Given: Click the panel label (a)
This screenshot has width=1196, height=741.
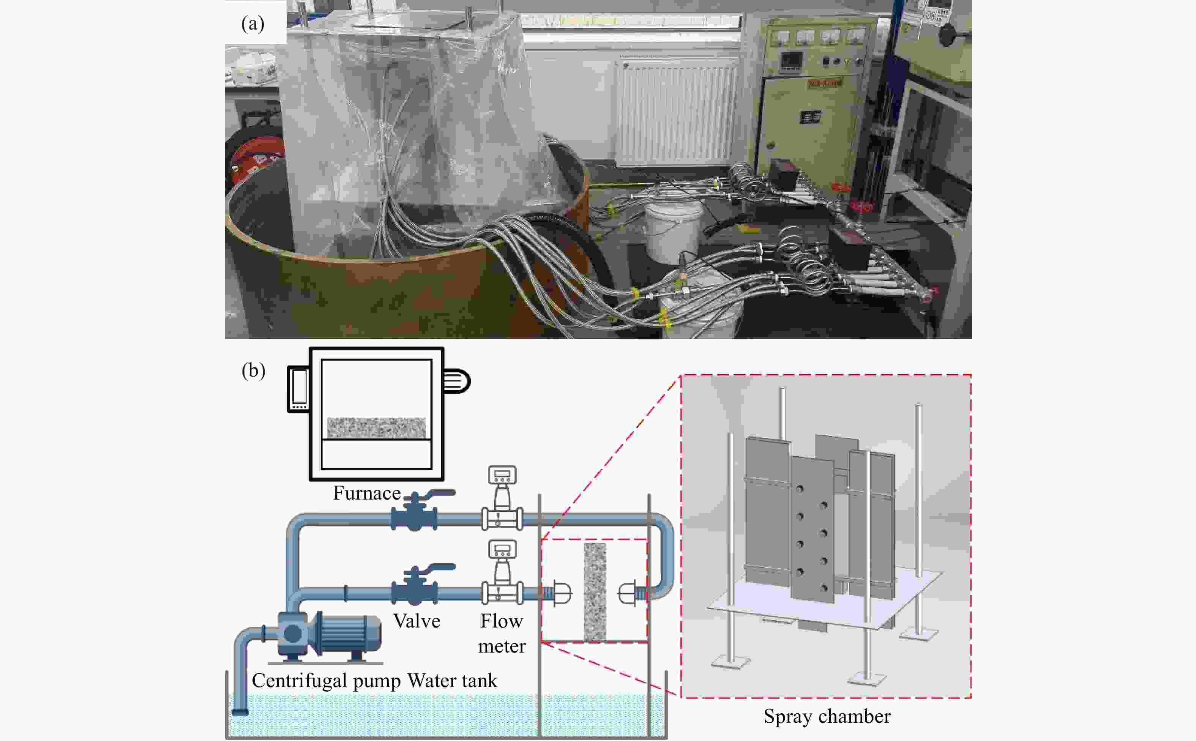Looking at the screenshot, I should [x=253, y=24].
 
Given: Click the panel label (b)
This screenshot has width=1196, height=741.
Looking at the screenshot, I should [x=253, y=370].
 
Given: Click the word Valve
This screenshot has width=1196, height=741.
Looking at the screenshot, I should [x=417, y=621].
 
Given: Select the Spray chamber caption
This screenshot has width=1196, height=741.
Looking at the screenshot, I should [x=827, y=716].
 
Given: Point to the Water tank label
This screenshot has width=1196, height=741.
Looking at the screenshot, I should [x=452, y=681].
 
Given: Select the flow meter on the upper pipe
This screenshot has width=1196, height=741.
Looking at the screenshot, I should [x=502, y=500].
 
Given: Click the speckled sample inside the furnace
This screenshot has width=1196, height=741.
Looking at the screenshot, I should [x=376, y=427].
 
